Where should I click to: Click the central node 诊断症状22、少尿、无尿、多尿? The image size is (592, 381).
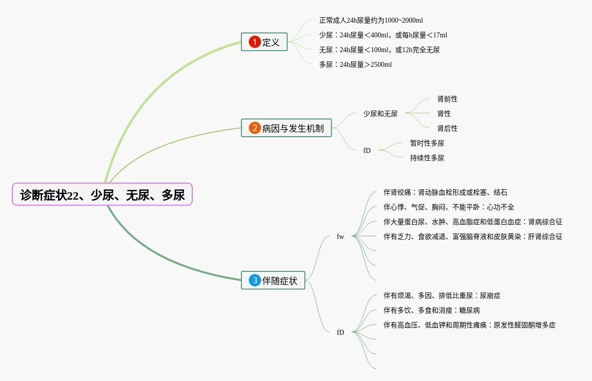102,195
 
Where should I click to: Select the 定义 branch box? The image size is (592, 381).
264,42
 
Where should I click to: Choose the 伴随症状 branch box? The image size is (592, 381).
273,281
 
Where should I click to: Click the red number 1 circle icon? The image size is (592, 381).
255,42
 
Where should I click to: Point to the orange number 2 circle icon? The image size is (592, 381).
255,128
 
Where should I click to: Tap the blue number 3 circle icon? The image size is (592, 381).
255,281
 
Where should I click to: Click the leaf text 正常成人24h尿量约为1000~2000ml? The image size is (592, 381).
371,20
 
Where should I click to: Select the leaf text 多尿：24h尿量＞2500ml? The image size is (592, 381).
355,64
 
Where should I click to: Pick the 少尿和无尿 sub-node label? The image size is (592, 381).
381,114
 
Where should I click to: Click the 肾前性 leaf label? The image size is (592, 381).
447,99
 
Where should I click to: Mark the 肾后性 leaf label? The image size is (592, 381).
447,128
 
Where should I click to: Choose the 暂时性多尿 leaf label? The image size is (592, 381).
427,143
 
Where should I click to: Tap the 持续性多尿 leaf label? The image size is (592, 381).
427,158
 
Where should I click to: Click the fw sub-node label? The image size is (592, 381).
340,236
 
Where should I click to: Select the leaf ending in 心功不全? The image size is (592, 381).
448,207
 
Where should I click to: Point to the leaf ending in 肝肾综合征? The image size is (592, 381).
473,236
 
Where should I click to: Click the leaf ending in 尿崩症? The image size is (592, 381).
442,295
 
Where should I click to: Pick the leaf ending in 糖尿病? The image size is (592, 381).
431,310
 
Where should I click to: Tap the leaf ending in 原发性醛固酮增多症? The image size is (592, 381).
469,325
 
